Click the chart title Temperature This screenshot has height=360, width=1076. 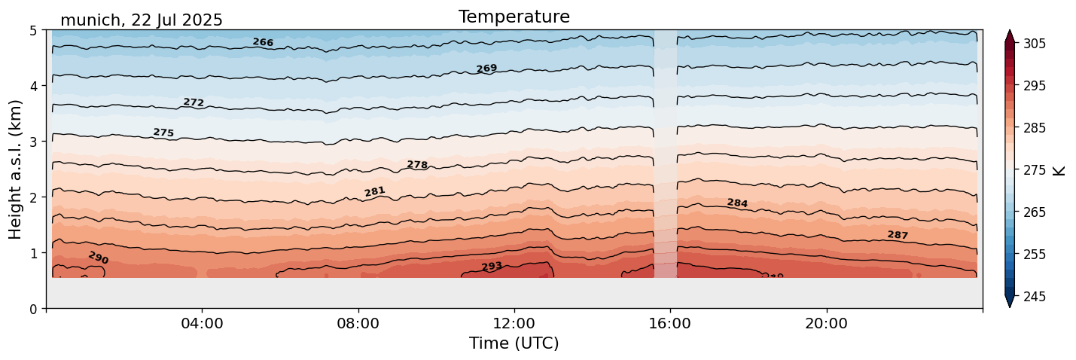point(514,17)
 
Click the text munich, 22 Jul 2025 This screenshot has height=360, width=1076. point(142,20)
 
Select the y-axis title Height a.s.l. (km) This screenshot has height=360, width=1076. point(16,169)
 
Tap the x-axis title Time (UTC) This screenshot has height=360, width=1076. point(514,343)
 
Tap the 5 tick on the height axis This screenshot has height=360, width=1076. point(33,31)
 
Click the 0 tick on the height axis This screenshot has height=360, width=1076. point(33,309)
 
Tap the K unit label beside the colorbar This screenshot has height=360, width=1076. point(1059,170)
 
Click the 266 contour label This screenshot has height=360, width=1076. point(263,42)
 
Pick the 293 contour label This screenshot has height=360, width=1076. point(492,267)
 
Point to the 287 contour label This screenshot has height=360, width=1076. point(898,235)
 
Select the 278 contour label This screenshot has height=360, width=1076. point(417,165)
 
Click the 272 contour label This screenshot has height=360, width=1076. point(194,102)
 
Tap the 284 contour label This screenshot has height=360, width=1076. point(737,203)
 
